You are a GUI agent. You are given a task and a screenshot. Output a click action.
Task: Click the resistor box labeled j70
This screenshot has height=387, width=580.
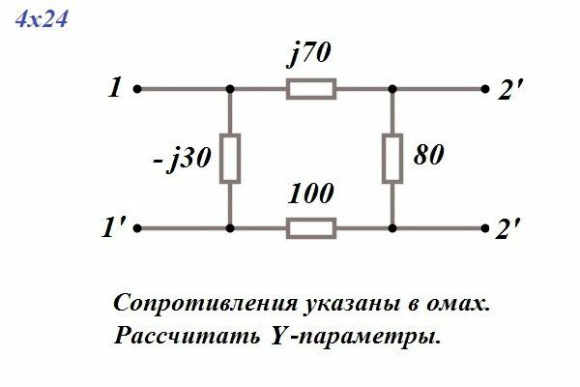point(311,90)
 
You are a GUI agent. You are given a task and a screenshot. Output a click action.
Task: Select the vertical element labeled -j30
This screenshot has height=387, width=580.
point(230,159)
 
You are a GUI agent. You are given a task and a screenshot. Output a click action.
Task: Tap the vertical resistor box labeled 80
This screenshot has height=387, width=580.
point(392,159)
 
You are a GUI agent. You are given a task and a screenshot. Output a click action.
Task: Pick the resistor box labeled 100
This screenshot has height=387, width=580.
point(311,229)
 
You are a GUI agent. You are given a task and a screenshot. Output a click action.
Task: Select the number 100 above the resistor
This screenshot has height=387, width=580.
point(311,193)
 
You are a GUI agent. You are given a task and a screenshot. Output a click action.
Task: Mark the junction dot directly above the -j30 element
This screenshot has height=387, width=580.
point(230,90)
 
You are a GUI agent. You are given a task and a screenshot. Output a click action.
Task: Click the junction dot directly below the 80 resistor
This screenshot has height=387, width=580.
point(392,229)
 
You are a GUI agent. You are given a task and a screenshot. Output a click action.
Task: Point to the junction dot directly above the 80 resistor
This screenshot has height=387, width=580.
point(392,90)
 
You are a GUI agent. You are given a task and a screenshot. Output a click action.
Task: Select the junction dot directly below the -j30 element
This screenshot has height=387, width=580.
point(230,229)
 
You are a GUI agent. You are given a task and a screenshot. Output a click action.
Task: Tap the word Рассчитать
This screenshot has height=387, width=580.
point(170,338)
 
